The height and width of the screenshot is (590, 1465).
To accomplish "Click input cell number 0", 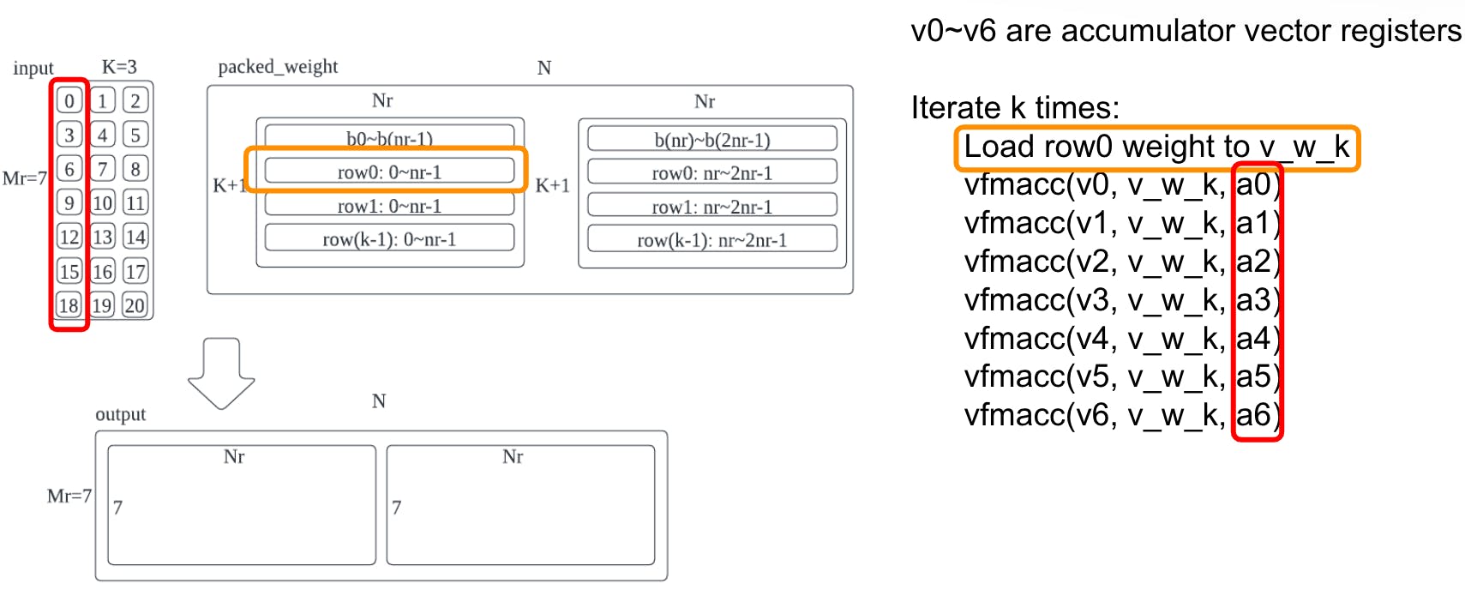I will (x=69, y=100).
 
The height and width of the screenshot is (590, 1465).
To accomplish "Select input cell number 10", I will (x=102, y=203).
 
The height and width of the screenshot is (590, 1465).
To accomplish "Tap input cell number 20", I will (x=135, y=305).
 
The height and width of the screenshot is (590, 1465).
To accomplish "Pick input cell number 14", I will (x=135, y=238).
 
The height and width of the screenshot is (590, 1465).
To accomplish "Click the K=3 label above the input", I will (x=119, y=67).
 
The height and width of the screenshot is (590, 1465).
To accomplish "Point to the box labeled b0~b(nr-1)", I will (x=389, y=136).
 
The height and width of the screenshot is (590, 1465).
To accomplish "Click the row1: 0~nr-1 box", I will (x=389, y=206).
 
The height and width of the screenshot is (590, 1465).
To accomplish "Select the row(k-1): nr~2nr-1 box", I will (x=711, y=240).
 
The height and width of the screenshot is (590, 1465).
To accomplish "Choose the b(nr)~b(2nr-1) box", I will (x=711, y=139).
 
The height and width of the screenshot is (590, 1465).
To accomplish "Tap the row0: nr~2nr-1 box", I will (x=711, y=172).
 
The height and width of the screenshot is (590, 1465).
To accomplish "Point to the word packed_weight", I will (x=278, y=67).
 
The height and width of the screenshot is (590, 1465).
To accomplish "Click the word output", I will (x=121, y=414).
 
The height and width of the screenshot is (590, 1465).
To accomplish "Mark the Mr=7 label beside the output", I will (x=69, y=496).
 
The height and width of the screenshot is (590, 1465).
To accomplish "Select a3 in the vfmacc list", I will (x=1253, y=300).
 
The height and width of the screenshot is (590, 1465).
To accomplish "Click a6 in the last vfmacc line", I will (x=1253, y=415).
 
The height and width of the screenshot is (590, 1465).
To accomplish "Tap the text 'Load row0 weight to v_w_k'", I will (x=1156, y=147).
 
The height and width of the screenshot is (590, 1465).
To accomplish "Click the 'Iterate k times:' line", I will (x=1015, y=108).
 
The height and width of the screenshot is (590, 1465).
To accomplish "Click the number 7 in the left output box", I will (x=117, y=508).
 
